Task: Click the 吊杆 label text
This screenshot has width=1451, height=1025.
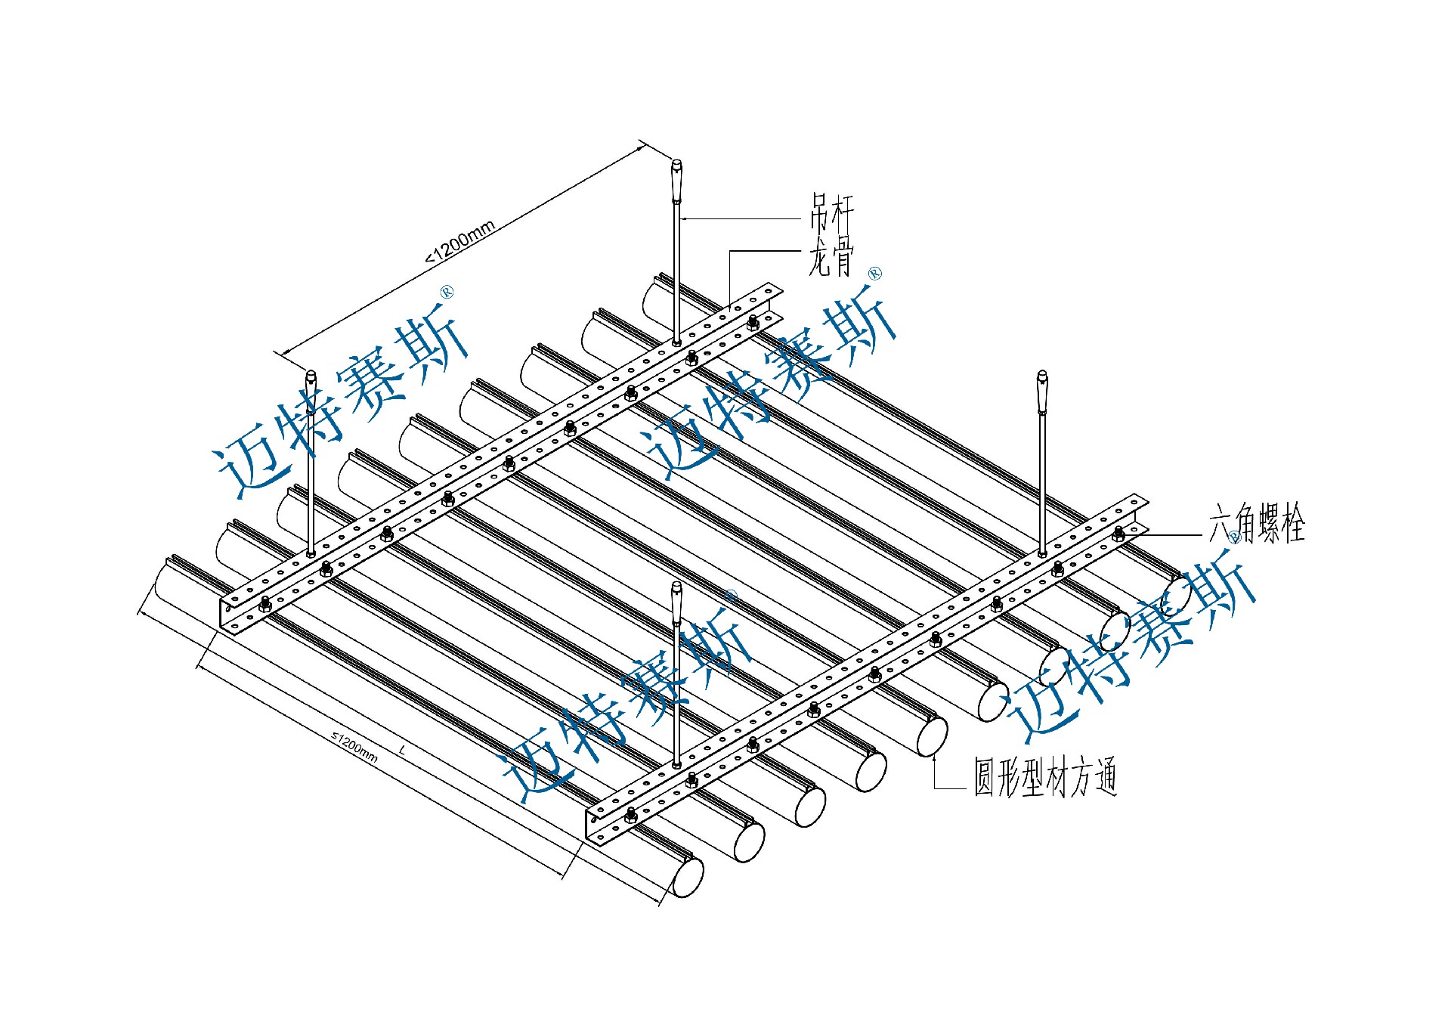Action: [832, 212]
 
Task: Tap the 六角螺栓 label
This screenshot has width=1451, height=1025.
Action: [1257, 524]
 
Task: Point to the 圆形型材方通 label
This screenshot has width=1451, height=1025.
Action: [1045, 777]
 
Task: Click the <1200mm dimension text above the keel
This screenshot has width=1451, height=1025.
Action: [460, 241]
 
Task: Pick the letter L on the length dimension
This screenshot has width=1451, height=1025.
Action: [403, 751]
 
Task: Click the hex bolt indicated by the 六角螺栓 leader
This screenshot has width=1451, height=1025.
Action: [1118, 534]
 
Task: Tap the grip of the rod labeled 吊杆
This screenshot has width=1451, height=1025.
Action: [676, 178]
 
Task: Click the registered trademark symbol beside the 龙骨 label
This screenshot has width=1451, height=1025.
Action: [875, 274]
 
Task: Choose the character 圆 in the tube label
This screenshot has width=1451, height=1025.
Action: [984, 777]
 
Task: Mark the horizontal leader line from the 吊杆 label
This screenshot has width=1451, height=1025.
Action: [741, 219]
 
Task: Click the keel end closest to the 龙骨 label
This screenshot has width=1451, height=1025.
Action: [771, 291]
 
